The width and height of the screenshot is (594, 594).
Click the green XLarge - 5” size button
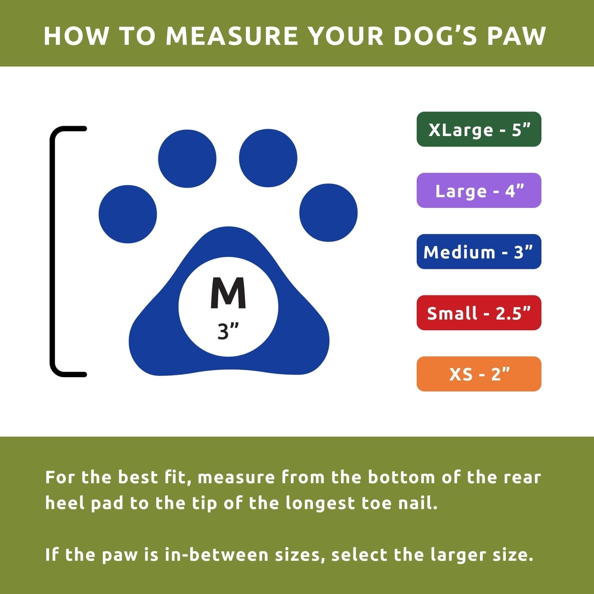point(479,129)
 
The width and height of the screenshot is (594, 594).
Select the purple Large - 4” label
point(479,190)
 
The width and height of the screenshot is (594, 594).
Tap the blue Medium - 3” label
point(479,251)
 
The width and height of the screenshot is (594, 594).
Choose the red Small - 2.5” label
point(479,312)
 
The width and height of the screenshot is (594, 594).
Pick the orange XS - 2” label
point(479,374)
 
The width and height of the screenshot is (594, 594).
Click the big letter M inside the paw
point(228,293)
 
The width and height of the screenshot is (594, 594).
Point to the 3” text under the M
point(228,331)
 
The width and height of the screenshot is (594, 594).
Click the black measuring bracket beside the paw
point(52,251)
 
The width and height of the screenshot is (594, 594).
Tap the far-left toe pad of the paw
point(128,214)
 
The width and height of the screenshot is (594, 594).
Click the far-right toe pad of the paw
point(328,213)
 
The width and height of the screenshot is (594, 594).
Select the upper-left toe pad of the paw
point(187,158)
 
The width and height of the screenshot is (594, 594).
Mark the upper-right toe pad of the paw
point(268,158)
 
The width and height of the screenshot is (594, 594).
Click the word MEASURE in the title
point(232,36)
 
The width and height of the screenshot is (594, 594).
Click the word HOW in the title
point(76,36)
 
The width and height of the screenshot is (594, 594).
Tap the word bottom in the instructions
point(401,478)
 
